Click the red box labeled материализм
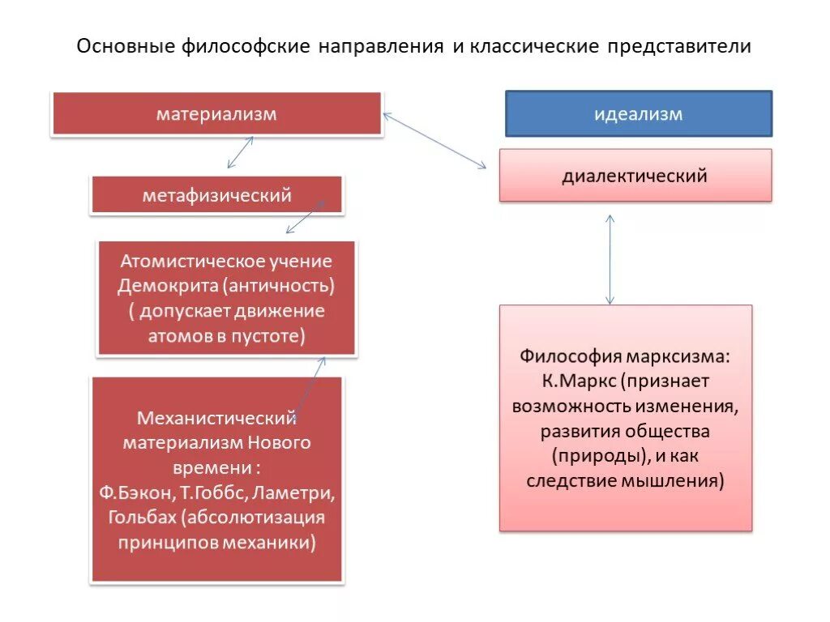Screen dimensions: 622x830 (x=216, y=113)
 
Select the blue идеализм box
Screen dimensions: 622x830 (x=639, y=113)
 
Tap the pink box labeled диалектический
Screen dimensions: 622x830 (x=635, y=175)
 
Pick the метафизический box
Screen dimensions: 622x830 (x=216, y=195)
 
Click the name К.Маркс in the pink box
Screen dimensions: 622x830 (x=571, y=380)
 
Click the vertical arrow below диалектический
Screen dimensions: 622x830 (x=610, y=259)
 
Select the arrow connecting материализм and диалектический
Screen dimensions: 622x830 (x=434, y=140)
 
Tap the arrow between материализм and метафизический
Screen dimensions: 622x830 (x=240, y=152)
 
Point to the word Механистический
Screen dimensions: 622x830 (x=216, y=419)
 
